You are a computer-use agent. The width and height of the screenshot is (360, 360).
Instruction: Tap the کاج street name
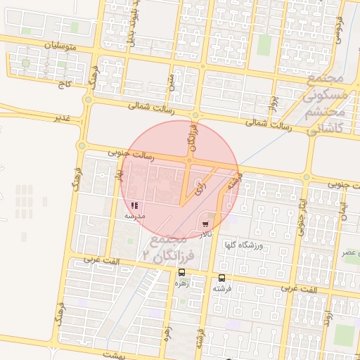pyautogui.click(x=66, y=84)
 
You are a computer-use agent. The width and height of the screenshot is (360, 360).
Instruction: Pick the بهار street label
pyautogui.click(x=119, y=169)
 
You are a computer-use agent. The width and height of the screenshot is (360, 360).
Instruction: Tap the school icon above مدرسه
pyautogui.click(x=135, y=206)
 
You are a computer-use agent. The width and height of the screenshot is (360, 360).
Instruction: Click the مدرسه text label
pyautogui.click(x=134, y=216)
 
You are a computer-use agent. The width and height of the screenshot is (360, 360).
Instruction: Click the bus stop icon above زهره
pyautogui.click(x=182, y=272)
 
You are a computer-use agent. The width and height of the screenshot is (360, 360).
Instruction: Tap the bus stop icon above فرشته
pyautogui.click(x=222, y=278)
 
